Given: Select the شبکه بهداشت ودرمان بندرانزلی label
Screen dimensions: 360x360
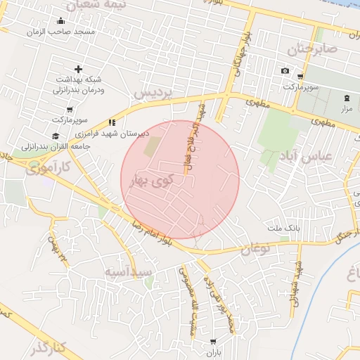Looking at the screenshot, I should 79,84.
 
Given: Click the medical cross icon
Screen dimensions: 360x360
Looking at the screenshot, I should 77,69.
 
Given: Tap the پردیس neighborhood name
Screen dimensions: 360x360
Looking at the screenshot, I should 153,94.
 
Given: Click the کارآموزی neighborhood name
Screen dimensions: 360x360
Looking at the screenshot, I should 46,169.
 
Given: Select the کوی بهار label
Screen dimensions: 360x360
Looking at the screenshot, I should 152,181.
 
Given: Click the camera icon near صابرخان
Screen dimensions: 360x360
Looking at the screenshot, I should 285,71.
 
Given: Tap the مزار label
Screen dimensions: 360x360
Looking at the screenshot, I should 347,109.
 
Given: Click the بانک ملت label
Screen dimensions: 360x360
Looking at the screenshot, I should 284,229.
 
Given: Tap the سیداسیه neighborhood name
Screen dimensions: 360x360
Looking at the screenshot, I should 128,271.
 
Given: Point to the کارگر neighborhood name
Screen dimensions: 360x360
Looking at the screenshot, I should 48,347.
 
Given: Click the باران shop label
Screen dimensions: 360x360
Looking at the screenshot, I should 212,353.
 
